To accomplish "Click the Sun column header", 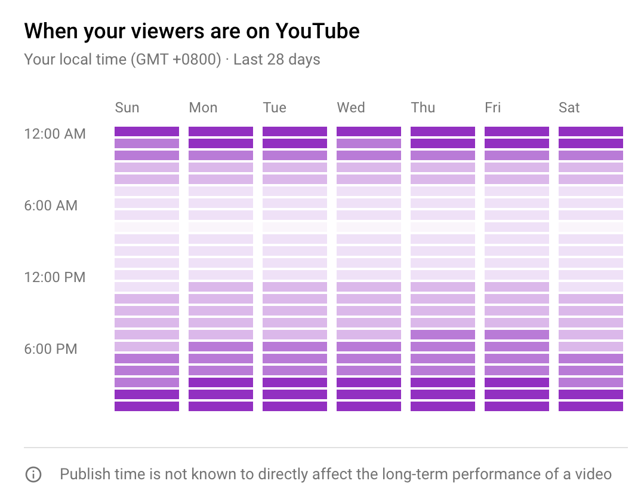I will click(127, 108).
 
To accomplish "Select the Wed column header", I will click(350, 108).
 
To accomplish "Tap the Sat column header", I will click(569, 108).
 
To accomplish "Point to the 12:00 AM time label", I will click(55, 134).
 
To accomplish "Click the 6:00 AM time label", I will click(51, 206).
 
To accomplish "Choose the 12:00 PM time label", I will click(55, 277).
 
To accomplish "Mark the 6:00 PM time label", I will click(51, 349).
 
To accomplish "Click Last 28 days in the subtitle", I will click(277, 60).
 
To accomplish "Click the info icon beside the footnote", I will click(33, 474).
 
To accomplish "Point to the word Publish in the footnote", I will click(82, 474).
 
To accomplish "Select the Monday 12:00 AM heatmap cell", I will click(221, 131).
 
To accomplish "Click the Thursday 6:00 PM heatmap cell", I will click(443, 347).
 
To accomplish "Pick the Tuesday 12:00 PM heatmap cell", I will click(295, 275).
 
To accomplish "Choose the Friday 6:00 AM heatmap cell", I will click(517, 203).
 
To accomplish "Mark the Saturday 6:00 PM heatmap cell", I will click(591, 347).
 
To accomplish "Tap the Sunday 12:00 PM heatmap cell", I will click(147, 275).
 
